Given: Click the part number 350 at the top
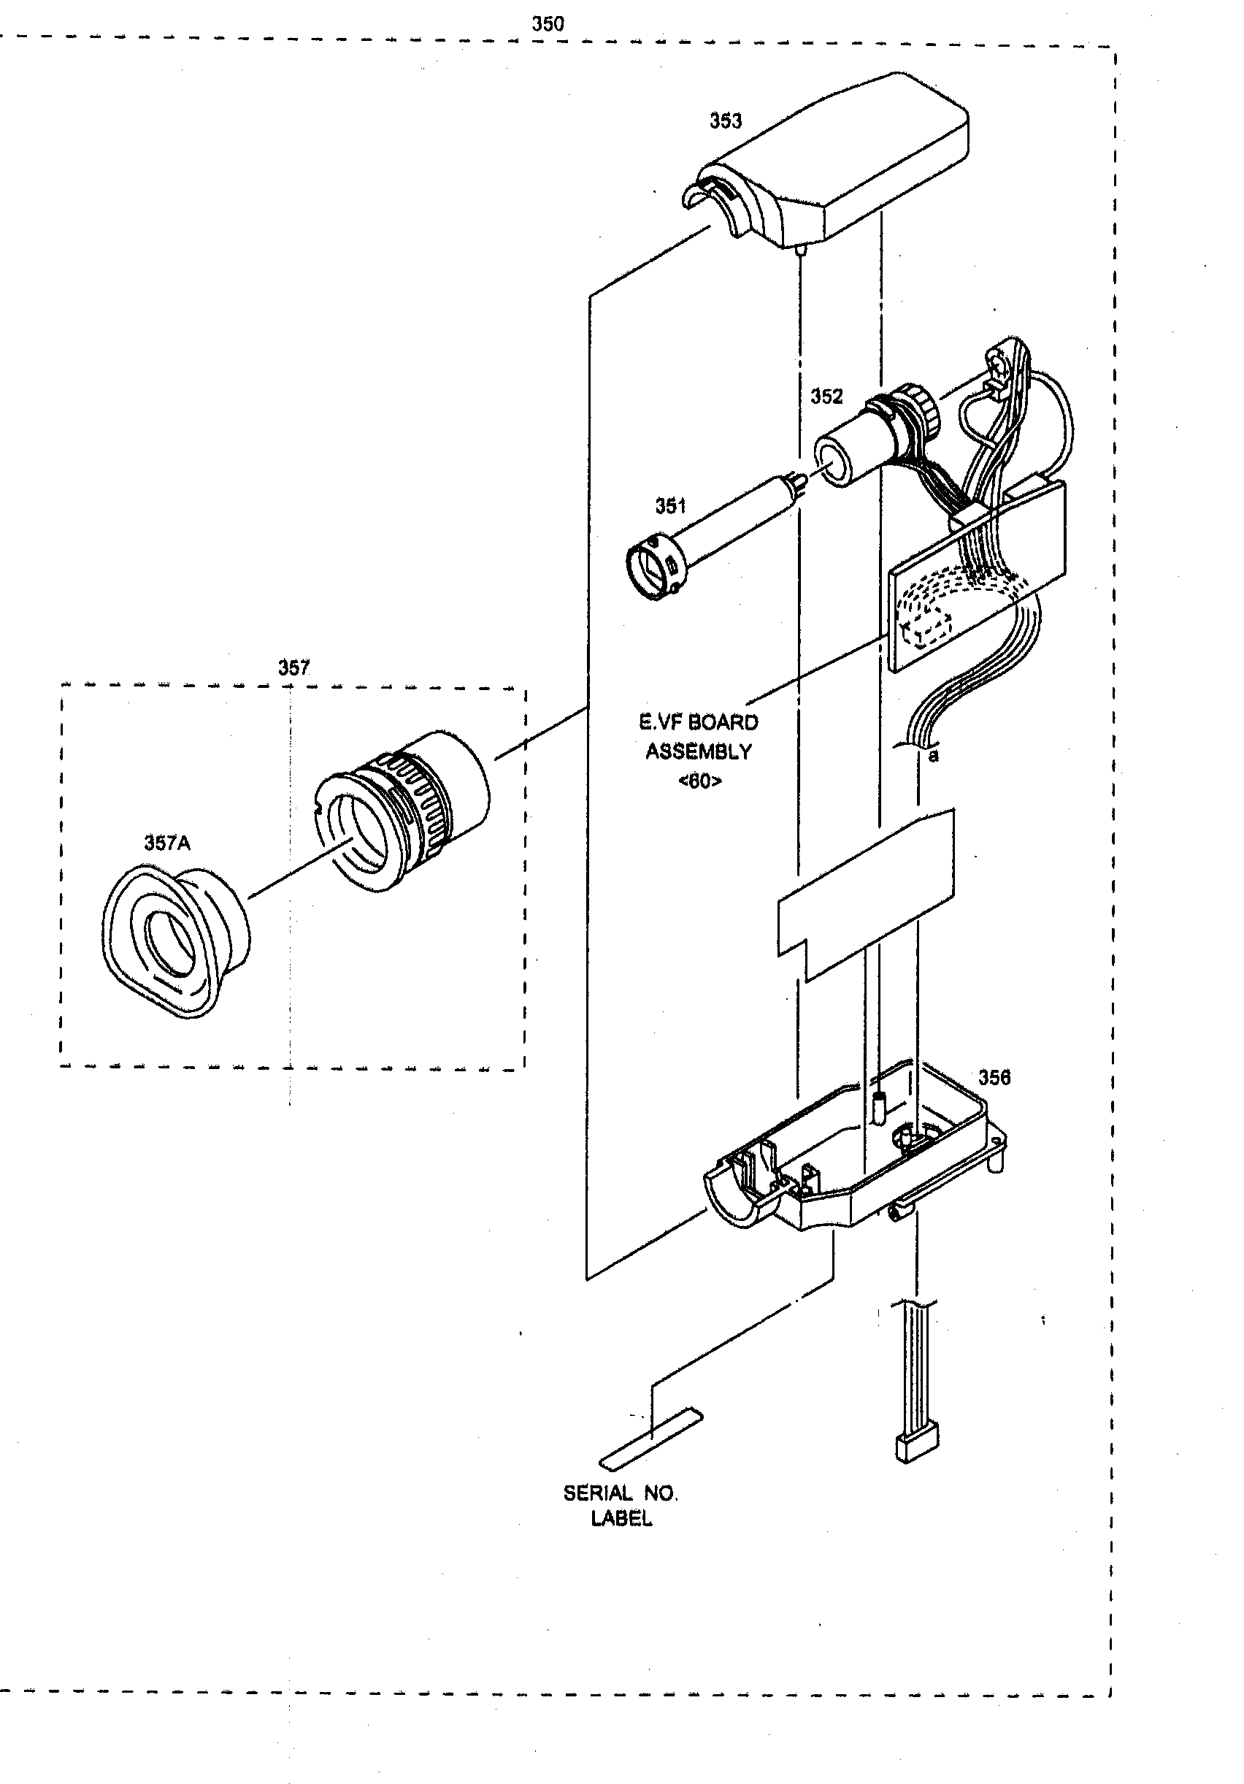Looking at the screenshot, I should pyautogui.click(x=547, y=24).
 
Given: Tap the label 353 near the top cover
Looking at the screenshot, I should pyautogui.click(x=725, y=120).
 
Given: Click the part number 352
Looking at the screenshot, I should pyautogui.click(x=826, y=397).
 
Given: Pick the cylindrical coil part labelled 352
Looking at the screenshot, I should pyautogui.click(x=862, y=443).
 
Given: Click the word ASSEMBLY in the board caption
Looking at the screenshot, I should pyautogui.click(x=698, y=751).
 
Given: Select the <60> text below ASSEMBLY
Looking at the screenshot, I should pyautogui.click(x=699, y=781).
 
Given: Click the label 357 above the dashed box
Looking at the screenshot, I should pyautogui.click(x=293, y=667).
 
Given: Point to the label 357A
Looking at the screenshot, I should pyautogui.click(x=166, y=842).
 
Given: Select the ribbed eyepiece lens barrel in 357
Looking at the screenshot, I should pyautogui.click(x=404, y=808).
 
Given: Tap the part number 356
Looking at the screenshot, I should pyautogui.click(x=994, y=1077).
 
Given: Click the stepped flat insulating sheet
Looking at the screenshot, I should pyautogui.click(x=867, y=894).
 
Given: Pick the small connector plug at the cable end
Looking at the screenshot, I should pyautogui.click(x=917, y=1447).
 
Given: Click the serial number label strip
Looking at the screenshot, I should pyautogui.click(x=650, y=1439).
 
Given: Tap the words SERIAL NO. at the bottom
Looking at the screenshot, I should pyautogui.click(x=620, y=1493).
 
